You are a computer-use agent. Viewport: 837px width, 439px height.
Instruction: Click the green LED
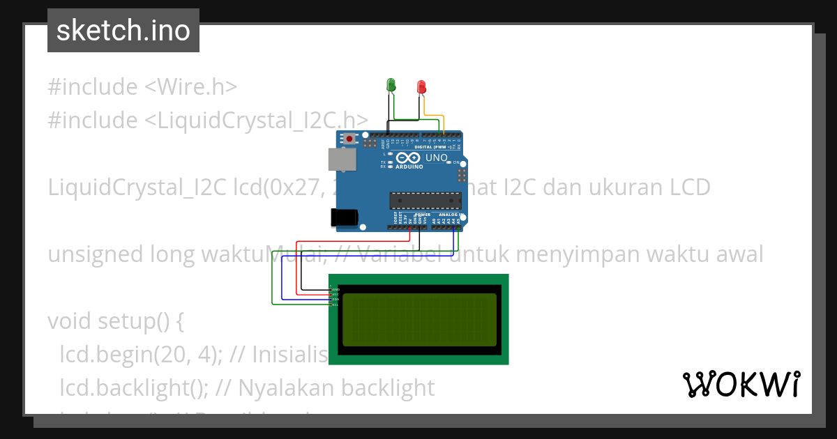click(x=391, y=85)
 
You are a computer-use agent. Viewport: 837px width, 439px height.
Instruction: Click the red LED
click(x=421, y=86)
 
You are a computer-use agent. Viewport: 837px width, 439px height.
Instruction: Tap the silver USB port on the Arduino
click(x=342, y=160)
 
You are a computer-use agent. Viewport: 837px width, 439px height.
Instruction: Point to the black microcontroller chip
click(x=425, y=201)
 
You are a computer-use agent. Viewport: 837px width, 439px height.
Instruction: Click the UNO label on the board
click(x=436, y=158)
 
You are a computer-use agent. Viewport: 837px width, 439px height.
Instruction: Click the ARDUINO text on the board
click(x=409, y=167)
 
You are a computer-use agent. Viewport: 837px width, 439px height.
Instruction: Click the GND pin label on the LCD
click(x=335, y=288)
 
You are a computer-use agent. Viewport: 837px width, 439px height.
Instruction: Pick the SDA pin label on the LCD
click(x=335, y=300)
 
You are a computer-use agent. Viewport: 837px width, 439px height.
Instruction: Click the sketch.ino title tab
click(x=123, y=31)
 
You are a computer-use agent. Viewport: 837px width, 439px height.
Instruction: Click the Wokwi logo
click(x=741, y=385)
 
